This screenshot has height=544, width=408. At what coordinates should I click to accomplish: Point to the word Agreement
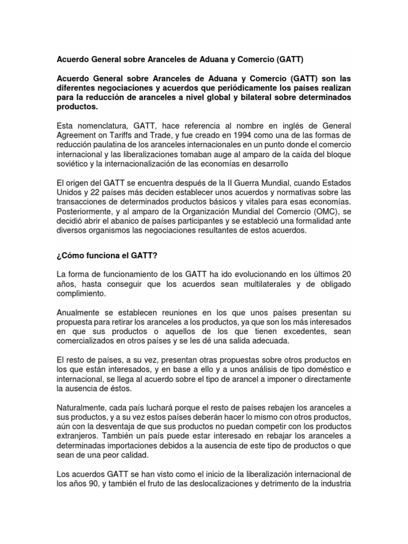coord(76,135)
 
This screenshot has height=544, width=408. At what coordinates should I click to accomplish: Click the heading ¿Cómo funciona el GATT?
coord(107,256)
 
